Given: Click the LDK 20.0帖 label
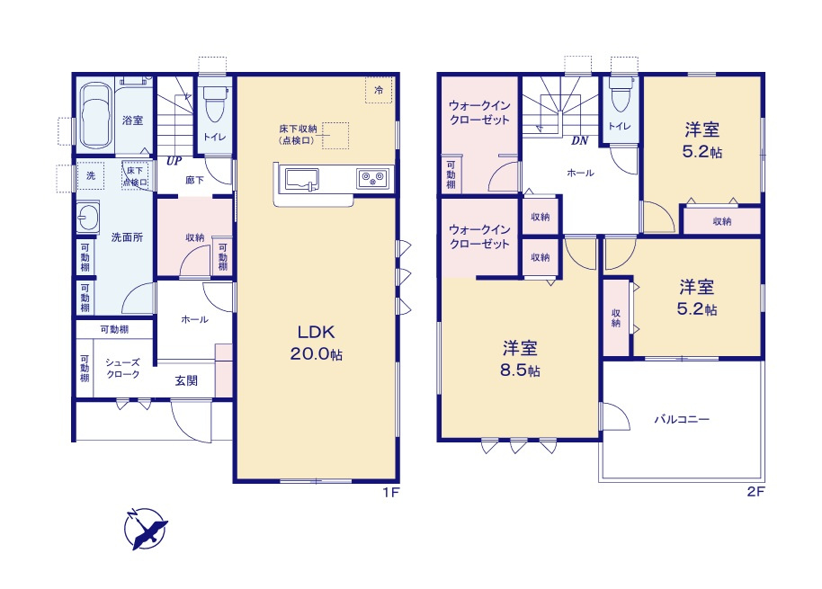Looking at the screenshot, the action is (x=316, y=343).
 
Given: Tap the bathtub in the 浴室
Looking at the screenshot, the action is (x=95, y=115).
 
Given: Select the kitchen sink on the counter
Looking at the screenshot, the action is (x=302, y=179).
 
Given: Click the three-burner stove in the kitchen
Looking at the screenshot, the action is (x=372, y=179).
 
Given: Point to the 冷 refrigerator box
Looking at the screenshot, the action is (x=379, y=90).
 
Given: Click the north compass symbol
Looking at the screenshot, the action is (x=145, y=529).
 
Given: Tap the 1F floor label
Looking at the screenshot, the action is (x=390, y=492).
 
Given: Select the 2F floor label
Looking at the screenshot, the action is (x=756, y=492).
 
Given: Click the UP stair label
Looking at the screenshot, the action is (x=174, y=161).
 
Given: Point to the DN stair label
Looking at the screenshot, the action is (x=579, y=140).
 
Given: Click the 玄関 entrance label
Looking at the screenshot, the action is (x=186, y=381).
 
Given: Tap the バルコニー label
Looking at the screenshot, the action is (x=682, y=419).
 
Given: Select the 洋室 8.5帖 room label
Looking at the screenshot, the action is (x=520, y=359).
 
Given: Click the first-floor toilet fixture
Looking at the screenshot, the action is (x=214, y=103).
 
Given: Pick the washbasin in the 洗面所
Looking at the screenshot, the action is (x=87, y=217).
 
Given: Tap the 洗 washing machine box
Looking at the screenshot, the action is (x=91, y=175).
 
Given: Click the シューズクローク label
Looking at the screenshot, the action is (x=122, y=369).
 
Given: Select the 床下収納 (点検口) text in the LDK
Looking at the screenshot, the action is (x=298, y=135).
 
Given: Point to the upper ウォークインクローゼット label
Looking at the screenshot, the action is (x=479, y=112).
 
